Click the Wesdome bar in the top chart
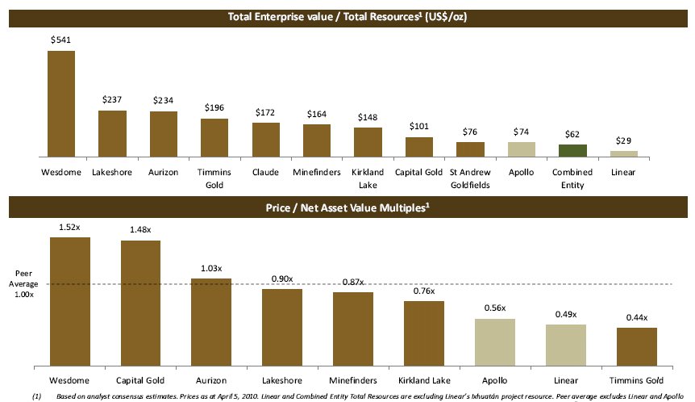[x=61, y=103]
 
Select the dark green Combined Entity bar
[x=573, y=150]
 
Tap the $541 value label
[x=61, y=39]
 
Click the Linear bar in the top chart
[x=624, y=153]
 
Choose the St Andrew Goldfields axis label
[x=470, y=178]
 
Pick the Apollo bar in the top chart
[x=522, y=149]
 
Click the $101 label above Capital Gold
[x=419, y=126]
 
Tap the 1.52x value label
[x=70, y=228]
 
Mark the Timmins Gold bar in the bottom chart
[x=636, y=346]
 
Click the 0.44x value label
[x=636, y=318]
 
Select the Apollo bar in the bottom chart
[x=494, y=341]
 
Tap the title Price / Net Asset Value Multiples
[x=347, y=207]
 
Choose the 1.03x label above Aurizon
[x=211, y=269]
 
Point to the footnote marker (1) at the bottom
[x=36, y=396]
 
